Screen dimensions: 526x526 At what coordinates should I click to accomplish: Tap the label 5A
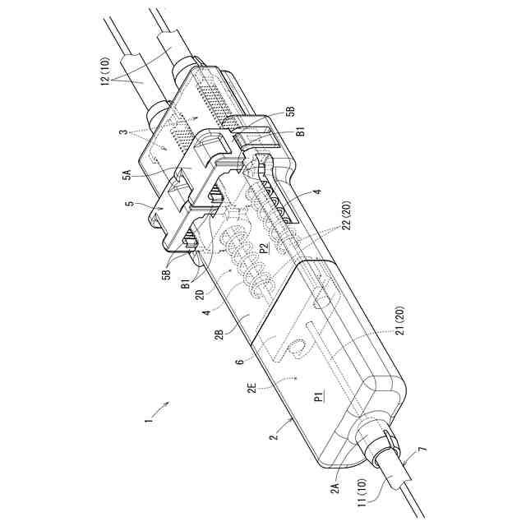(127, 173)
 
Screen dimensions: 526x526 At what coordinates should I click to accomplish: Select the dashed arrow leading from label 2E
(279, 379)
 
